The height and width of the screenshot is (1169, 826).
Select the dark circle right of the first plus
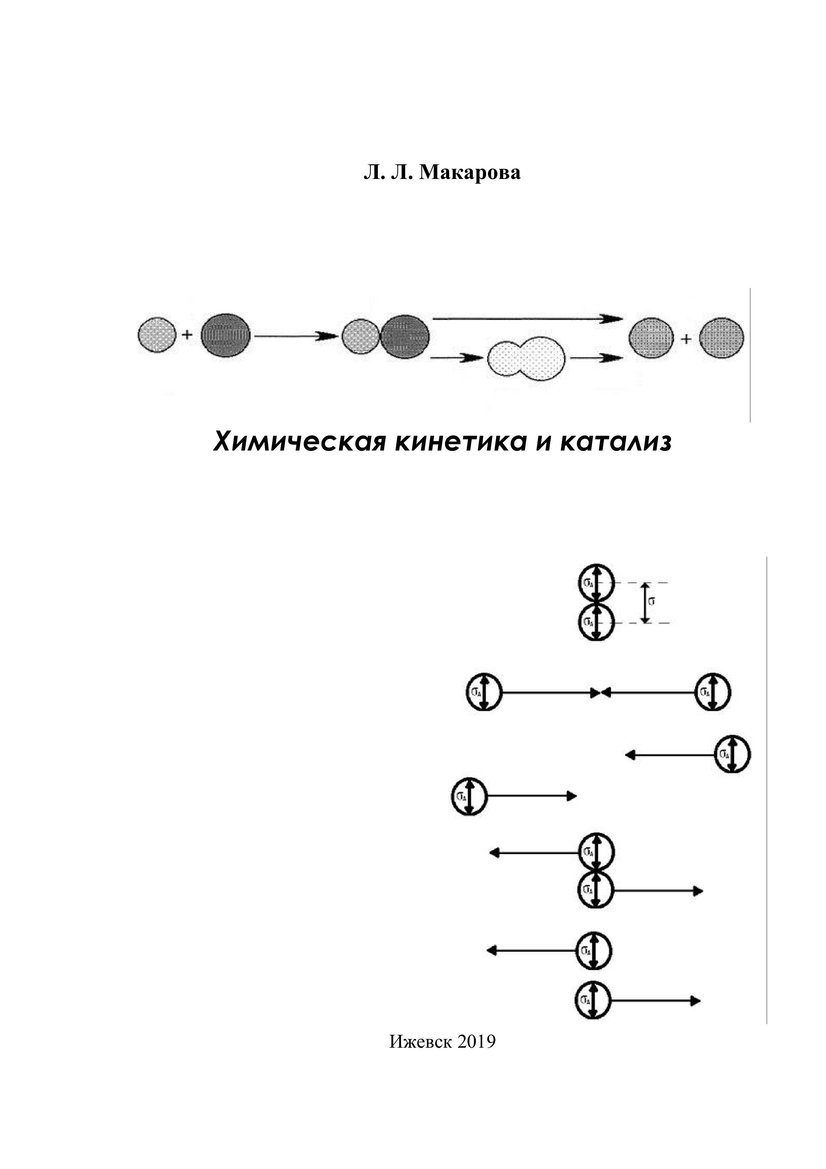226,335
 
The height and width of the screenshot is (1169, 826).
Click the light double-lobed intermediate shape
526,359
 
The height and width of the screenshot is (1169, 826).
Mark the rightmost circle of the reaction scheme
721,338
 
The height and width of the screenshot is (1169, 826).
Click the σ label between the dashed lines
651,602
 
